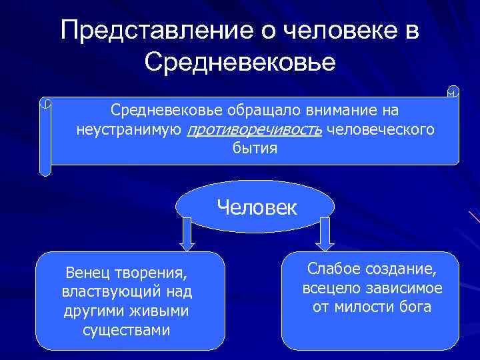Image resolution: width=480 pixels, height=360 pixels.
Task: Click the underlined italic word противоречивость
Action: (x=255, y=130)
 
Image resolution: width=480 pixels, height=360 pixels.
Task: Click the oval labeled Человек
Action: (x=257, y=207)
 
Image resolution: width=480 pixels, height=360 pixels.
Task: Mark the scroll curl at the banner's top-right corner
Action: (x=453, y=92)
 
